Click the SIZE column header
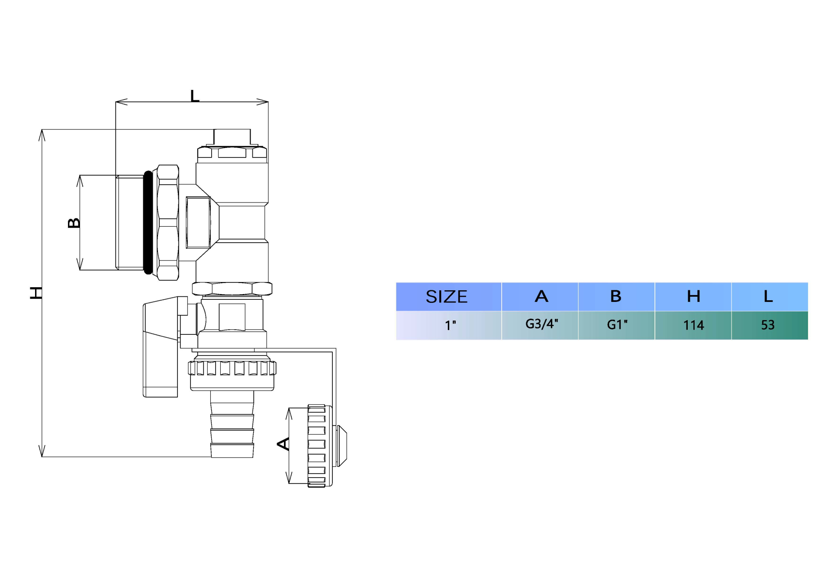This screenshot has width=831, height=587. click(448, 297)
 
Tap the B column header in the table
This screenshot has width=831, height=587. click(616, 296)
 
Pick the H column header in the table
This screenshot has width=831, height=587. click(693, 296)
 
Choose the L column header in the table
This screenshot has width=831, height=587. click(769, 296)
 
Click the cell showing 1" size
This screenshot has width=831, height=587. click(448, 325)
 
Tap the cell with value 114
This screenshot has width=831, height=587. click(693, 325)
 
